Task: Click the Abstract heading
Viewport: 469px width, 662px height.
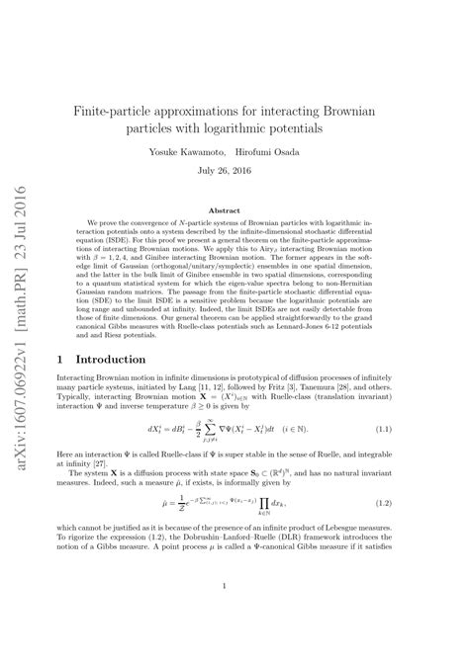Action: point(234,210)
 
